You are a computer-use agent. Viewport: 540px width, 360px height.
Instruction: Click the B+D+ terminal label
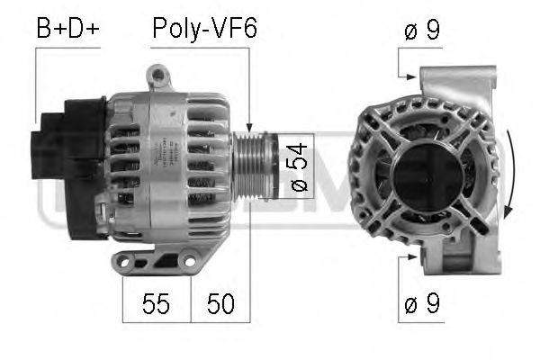[67, 29]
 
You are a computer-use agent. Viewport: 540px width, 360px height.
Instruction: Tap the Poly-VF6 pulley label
[204, 30]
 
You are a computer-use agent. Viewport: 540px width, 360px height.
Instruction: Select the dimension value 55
[156, 304]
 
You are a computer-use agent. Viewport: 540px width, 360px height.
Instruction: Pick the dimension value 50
[220, 304]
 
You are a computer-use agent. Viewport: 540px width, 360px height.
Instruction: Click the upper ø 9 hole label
[422, 31]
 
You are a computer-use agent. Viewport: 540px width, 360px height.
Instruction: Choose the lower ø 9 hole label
[422, 303]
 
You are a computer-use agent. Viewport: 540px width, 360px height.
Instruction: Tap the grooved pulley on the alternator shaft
[255, 166]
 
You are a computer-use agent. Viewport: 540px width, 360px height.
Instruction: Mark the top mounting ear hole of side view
[158, 74]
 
